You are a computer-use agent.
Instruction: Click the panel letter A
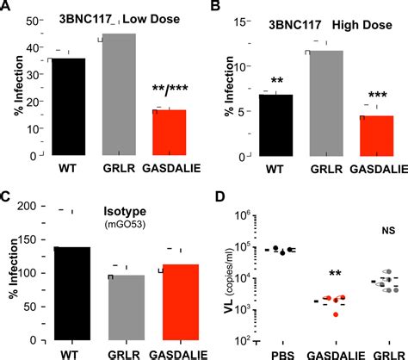tap(7, 8)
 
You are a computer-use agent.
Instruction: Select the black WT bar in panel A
tap(67, 104)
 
